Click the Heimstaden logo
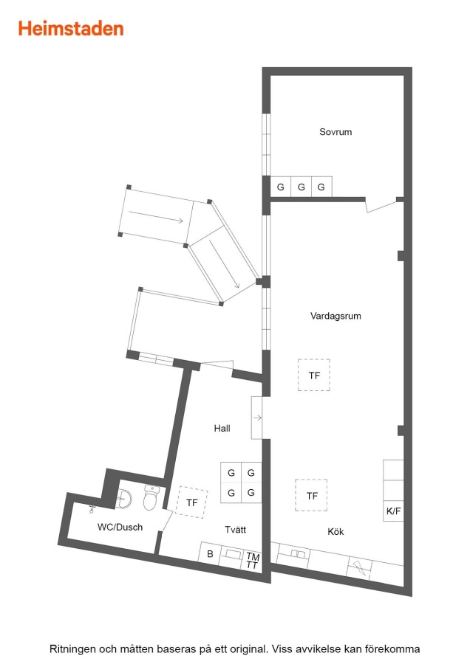click(x=71, y=29)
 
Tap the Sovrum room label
click(x=336, y=132)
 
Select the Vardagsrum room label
click(x=336, y=316)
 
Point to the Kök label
click(x=336, y=531)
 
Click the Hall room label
click(x=222, y=428)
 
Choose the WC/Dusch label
click(x=120, y=528)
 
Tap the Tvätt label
click(x=236, y=530)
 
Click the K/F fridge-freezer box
click(x=393, y=511)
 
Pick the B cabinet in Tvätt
click(x=210, y=554)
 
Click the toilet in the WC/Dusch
click(x=151, y=497)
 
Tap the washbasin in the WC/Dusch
click(x=124, y=499)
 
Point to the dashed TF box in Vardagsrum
click(x=314, y=375)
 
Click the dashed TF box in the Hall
click(x=191, y=502)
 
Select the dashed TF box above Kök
click(x=311, y=495)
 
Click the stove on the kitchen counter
click(x=359, y=567)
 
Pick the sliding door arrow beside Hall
click(x=257, y=418)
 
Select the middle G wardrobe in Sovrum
click(x=302, y=187)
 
